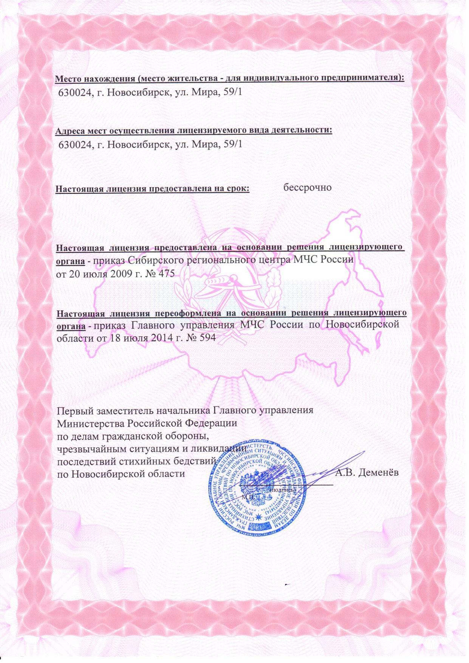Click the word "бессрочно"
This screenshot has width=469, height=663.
[x=307, y=187]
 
